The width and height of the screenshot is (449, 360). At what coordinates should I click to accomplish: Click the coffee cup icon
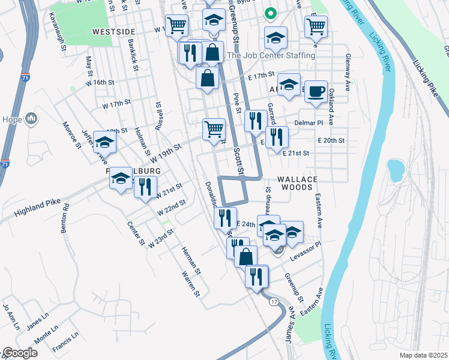(x=316, y=92)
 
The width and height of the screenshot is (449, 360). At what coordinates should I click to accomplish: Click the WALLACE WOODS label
(x=295, y=183)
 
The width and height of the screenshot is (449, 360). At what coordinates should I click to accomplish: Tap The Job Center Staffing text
(x=271, y=55)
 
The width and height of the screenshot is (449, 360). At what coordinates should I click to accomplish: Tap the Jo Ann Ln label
(x=8, y=316)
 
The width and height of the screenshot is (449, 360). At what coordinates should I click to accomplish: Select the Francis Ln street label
(x=65, y=341)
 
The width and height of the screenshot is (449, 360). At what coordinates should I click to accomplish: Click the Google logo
(x=20, y=353)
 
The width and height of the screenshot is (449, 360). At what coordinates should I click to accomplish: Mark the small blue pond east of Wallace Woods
(x=396, y=170)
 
